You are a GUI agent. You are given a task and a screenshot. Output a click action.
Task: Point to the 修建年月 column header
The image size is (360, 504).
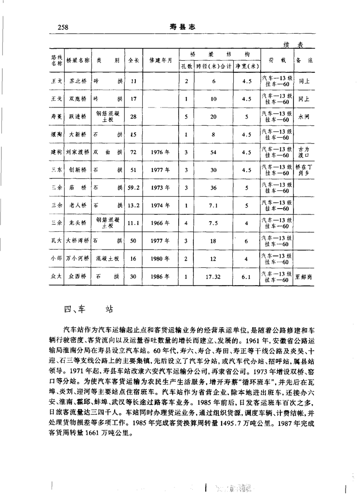(x=160, y=61)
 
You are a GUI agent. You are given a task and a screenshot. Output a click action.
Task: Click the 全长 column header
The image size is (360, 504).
(x=133, y=61)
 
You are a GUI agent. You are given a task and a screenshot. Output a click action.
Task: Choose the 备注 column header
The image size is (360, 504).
(x=305, y=61)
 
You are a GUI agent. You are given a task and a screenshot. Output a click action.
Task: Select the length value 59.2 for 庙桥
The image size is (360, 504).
(x=133, y=187)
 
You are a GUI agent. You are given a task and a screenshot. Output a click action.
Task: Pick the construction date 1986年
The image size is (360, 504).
(x=160, y=277)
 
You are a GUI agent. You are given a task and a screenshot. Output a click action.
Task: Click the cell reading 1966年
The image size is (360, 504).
(x=160, y=223)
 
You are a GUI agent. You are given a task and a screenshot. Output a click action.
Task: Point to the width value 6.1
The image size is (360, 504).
(x=246, y=277)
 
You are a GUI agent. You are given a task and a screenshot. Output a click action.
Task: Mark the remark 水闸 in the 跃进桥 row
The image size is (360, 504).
(x=304, y=117)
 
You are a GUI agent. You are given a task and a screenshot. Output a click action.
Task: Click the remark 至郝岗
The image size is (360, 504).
(x=305, y=277)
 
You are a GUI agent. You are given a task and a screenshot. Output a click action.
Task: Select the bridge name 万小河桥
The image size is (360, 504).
(x=78, y=259)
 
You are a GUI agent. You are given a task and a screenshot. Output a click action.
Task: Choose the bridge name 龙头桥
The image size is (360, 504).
(x=78, y=223)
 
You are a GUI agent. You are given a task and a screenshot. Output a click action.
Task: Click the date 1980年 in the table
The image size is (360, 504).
(x=160, y=259)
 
